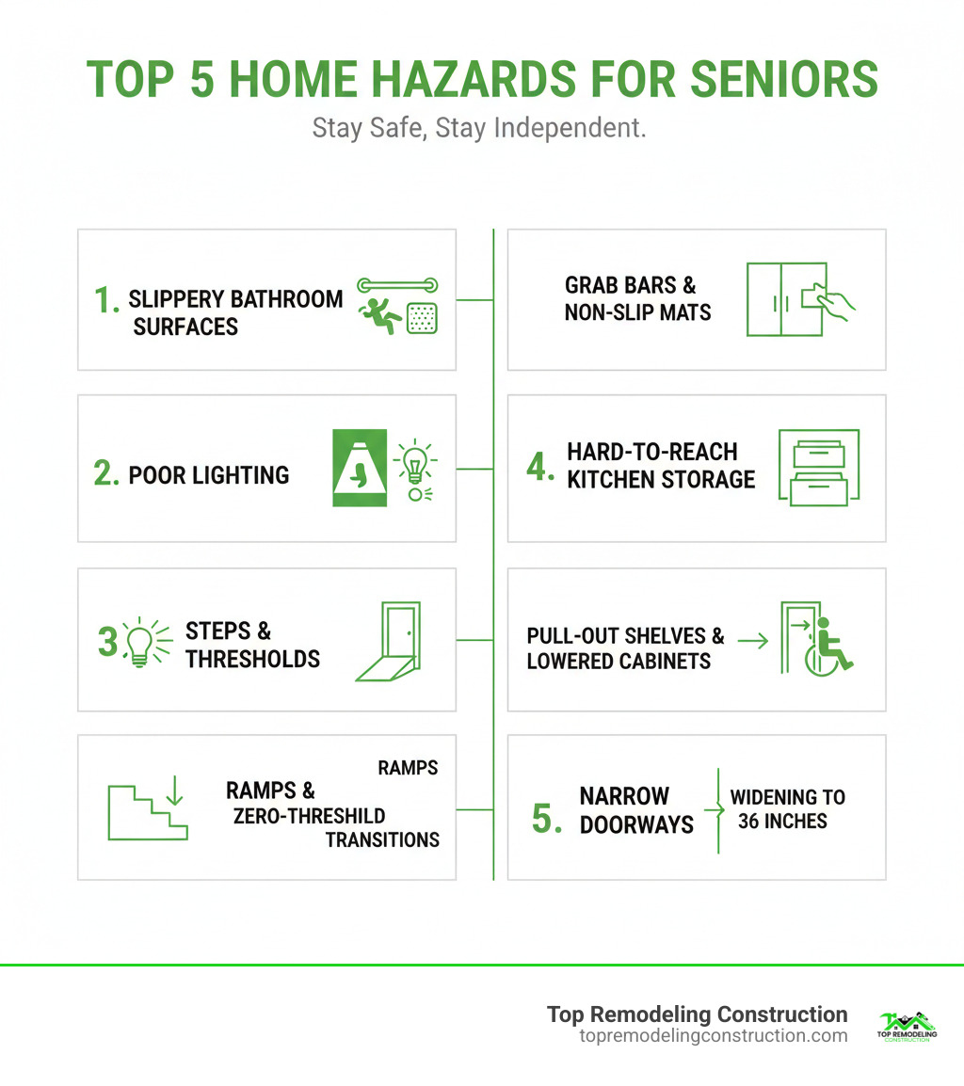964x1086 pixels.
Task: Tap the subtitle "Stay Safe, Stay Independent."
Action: [x=479, y=129]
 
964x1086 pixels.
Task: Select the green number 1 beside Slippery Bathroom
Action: [x=104, y=299]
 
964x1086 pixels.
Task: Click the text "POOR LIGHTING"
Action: [x=208, y=474]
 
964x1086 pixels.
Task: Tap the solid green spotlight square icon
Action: [x=360, y=468]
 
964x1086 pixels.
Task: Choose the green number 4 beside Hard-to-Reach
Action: [x=540, y=467]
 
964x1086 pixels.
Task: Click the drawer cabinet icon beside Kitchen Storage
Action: [x=819, y=468]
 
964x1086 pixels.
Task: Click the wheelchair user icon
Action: [x=829, y=647]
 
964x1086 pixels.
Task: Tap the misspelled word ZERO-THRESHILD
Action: [x=310, y=815]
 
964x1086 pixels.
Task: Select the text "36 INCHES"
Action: [x=782, y=821]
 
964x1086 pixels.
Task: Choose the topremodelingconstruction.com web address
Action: [x=713, y=1035]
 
